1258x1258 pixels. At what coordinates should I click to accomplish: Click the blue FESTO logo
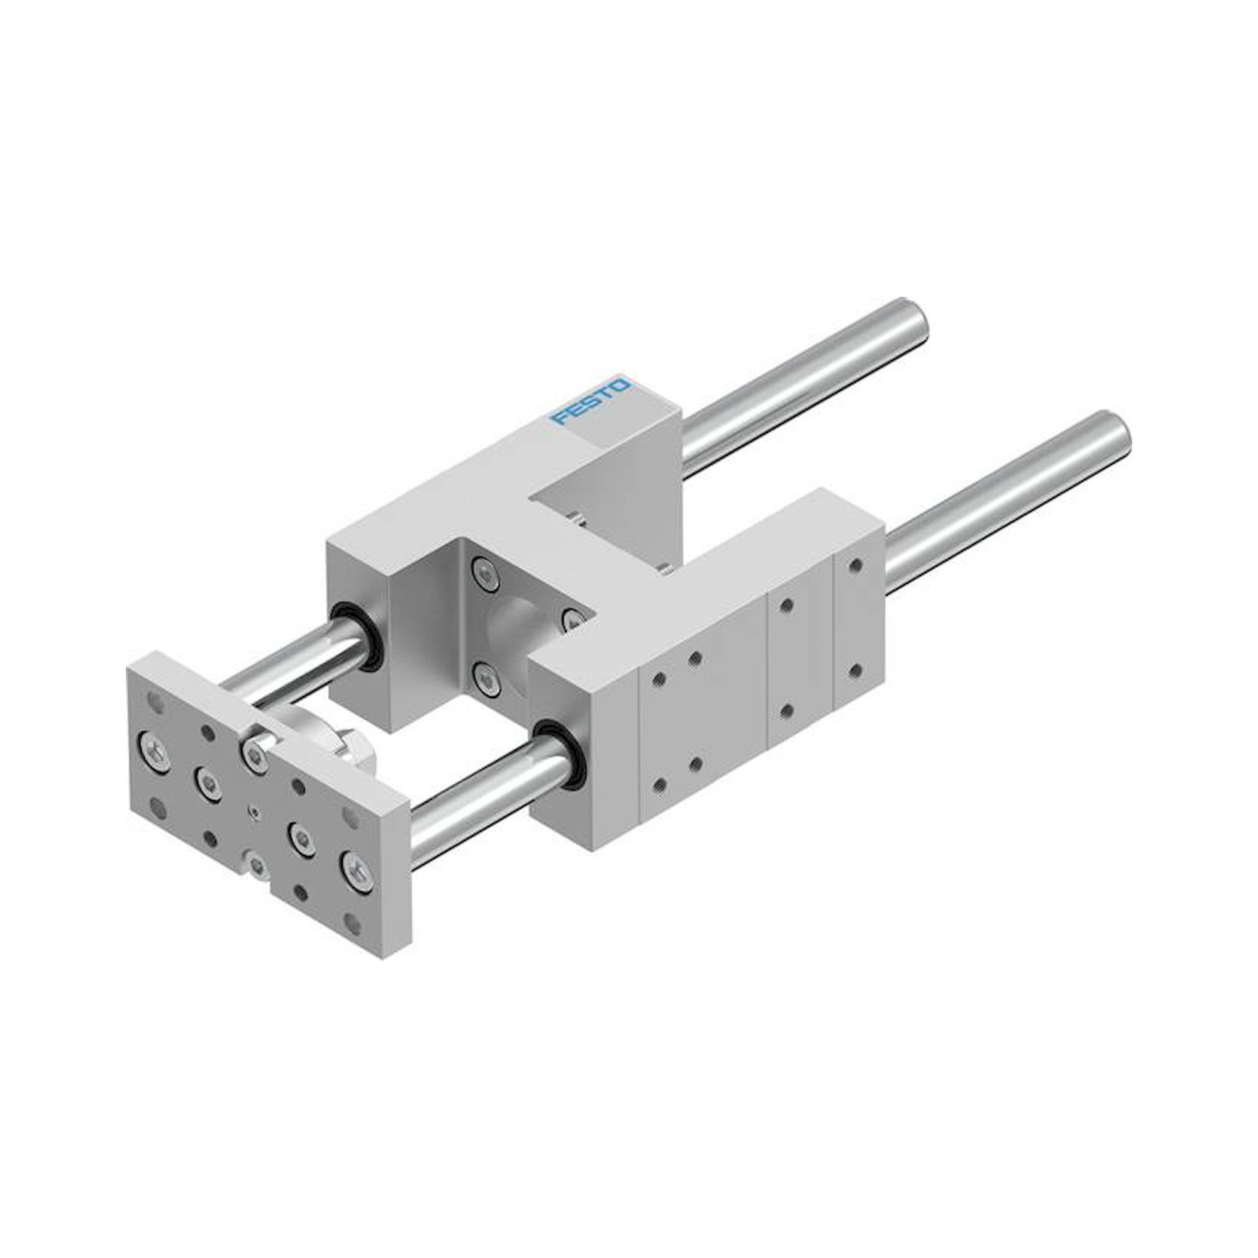coord(590,401)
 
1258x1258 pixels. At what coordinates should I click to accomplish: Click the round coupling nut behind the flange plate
coord(341,749)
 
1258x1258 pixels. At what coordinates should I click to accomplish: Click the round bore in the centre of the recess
coord(515,625)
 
